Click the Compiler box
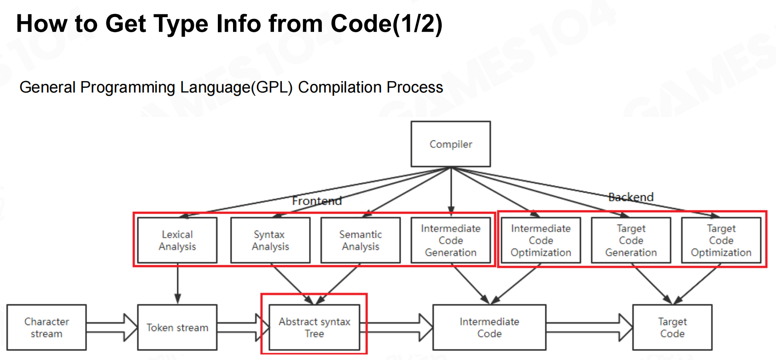pos(450,144)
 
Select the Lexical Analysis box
pos(177,240)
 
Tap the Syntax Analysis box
pos(270,240)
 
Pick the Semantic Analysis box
pos(361,240)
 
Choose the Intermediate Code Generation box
pos(451,240)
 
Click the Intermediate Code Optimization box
pos(541,240)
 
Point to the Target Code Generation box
pos(631,240)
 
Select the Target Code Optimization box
pos(721,240)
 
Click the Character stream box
pos(47,327)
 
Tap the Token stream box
pos(177,327)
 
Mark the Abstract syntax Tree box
pos(315,327)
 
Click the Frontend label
pos(317,201)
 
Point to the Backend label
pos(631,197)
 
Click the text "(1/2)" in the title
pos(417,24)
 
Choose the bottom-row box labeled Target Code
pos(672,327)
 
